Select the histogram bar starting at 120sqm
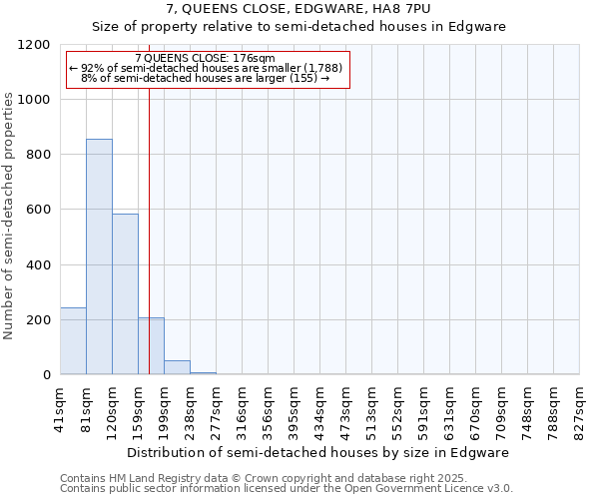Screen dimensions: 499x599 coord(125,294)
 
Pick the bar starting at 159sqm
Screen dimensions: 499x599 coord(151,346)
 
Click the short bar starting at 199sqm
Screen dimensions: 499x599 coord(177,367)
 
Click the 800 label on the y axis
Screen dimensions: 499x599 coord(40,155)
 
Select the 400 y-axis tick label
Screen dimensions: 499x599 coord(40,265)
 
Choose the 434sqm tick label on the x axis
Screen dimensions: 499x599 coord(319,409)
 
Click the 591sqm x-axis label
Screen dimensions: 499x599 coord(423,409)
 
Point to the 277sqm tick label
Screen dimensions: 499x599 coord(216,409)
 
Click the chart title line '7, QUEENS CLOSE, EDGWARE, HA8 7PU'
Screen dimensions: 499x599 coord(299,10)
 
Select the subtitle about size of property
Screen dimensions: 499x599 coord(299,27)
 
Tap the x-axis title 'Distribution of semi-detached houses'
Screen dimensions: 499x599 coord(319,452)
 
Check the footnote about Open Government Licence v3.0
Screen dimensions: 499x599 coord(287,489)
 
